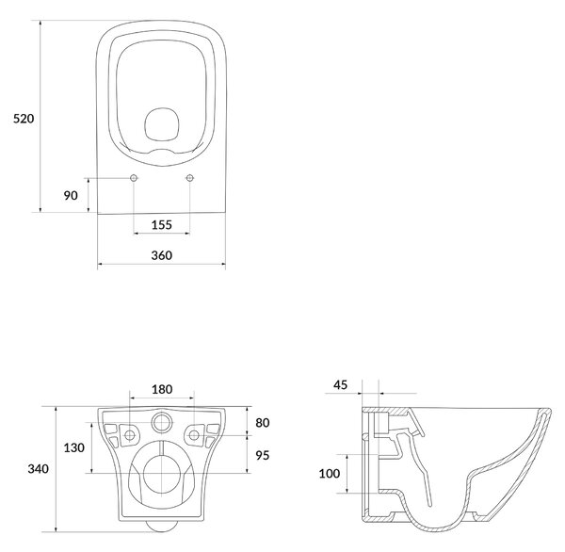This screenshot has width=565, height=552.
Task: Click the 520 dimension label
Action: tap(24, 119)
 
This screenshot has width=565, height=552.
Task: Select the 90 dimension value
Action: tap(71, 195)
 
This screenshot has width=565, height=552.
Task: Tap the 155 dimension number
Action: tap(161, 225)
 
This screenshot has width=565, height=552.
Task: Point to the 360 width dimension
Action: tap(161, 255)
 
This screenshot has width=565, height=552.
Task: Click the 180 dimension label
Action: tap(162, 389)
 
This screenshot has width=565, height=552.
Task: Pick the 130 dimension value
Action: tap(73, 447)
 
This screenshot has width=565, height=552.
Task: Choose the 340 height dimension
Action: tap(39, 469)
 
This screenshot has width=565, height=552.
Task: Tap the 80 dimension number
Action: tap(263, 423)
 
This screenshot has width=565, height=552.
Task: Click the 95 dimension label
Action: tap(263, 455)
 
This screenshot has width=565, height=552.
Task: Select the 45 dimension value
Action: tap(340, 385)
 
